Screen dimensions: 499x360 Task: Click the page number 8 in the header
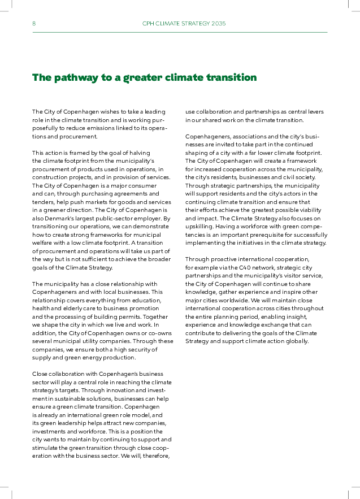pos(34,24)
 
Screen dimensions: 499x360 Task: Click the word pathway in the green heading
pos(75,77)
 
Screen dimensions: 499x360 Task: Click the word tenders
pos(43,202)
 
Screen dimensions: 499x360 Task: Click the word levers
pos(314,112)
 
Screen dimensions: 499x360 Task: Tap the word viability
pos(309,210)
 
